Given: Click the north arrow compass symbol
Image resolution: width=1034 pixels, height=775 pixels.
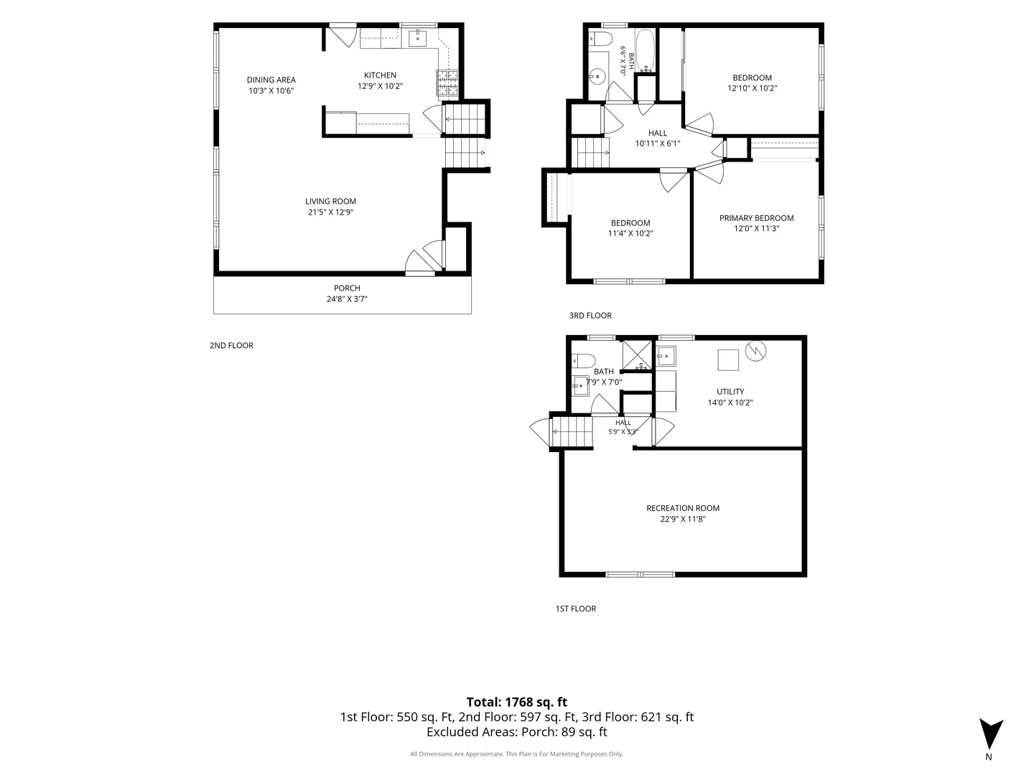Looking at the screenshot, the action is pyautogui.click(x=991, y=735).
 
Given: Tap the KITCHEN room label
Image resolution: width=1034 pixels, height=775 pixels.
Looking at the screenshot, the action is pyautogui.click(x=380, y=75).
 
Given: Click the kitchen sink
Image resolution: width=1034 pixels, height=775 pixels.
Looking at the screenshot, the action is pyautogui.click(x=417, y=38).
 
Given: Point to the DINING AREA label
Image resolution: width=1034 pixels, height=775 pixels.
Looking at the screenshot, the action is pyautogui.click(x=271, y=80).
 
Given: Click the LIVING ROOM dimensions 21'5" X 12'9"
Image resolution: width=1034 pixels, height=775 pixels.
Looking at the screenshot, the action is pyautogui.click(x=331, y=212).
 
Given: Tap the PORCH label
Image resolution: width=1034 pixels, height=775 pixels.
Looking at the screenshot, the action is pyautogui.click(x=347, y=288).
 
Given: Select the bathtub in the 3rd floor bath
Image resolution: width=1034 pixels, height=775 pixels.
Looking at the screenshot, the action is pyautogui.click(x=645, y=50).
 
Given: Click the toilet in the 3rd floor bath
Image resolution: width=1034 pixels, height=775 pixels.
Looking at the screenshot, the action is pyautogui.click(x=601, y=37).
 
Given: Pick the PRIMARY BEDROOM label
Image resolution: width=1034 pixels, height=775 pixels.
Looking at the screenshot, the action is pyautogui.click(x=757, y=218).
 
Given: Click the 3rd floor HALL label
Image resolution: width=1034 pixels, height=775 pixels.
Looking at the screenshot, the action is pyautogui.click(x=658, y=133).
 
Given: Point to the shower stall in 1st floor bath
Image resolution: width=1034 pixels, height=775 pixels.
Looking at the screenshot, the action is pyautogui.click(x=637, y=354).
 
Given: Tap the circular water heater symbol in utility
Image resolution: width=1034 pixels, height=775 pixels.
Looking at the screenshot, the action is pyautogui.click(x=755, y=351).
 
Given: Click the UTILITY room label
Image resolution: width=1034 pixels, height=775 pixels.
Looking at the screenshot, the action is pyautogui.click(x=730, y=392).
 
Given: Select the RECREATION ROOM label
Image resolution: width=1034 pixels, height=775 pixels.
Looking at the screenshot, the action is pyautogui.click(x=683, y=508).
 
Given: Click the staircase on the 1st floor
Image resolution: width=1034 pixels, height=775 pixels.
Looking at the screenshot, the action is pyautogui.click(x=571, y=431).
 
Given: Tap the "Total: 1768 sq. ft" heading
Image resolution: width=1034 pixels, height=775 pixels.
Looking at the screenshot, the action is pyautogui.click(x=517, y=702).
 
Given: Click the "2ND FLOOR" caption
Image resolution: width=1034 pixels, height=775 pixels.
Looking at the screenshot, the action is pyautogui.click(x=231, y=345).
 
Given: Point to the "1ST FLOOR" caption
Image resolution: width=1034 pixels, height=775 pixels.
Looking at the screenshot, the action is pyautogui.click(x=576, y=609).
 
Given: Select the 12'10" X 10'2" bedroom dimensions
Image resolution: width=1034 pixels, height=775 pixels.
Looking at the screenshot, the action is pyautogui.click(x=753, y=88).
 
